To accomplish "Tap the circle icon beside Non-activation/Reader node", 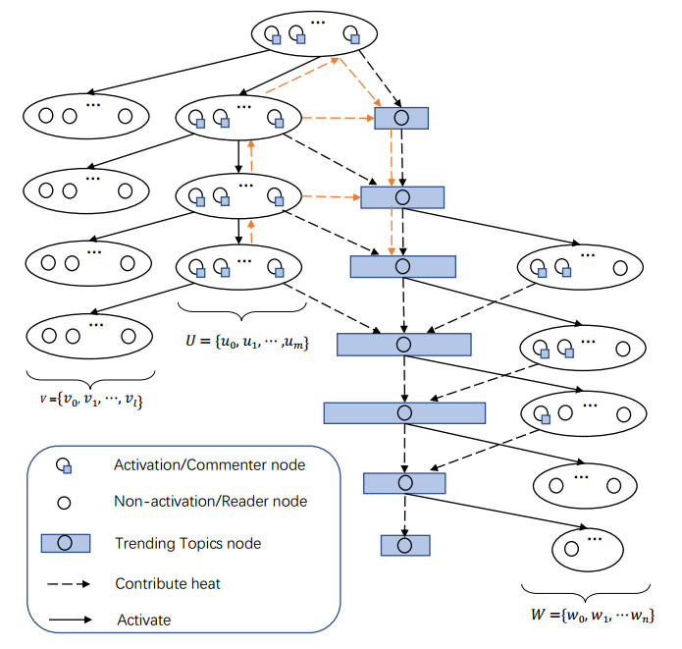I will point(63,502).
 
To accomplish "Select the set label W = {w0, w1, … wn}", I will point(588,616).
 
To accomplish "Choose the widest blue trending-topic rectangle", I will point(404,412).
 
